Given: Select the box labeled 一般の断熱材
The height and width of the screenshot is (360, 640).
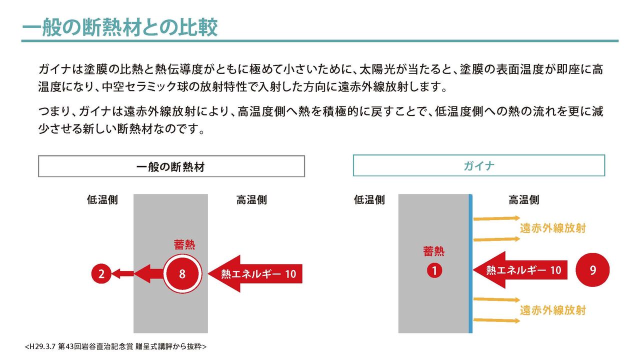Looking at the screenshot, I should (x=171, y=166).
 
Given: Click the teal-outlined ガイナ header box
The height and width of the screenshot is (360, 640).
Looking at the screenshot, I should (x=478, y=165).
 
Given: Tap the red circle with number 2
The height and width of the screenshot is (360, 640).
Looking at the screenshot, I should (x=101, y=273).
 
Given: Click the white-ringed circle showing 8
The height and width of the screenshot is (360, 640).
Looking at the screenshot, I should (x=182, y=273).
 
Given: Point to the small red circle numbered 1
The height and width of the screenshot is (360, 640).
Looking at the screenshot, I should (x=434, y=270).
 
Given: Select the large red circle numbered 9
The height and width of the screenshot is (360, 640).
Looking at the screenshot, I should (x=592, y=270).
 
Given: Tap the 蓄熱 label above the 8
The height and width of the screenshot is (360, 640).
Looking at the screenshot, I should (x=184, y=244).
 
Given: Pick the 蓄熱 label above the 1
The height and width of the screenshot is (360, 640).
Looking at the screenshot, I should (x=433, y=251).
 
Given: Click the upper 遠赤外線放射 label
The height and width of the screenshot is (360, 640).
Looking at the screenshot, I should (x=552, y=228).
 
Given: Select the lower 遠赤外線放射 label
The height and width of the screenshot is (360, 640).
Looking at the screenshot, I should (x=552, y=310).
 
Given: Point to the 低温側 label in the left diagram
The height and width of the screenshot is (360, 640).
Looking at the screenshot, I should (x=102, y=200).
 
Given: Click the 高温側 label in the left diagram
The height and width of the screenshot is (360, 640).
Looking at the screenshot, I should (x=251, y=200).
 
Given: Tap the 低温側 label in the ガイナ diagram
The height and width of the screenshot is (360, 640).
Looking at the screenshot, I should (x=369, y=200).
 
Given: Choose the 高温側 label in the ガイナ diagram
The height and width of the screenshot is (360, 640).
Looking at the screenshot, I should (x=523, y=200).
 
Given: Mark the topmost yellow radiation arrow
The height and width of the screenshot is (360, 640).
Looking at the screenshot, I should (x=497, y=218).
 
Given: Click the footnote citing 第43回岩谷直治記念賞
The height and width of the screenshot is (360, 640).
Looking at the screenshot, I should (x=115, y=346).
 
